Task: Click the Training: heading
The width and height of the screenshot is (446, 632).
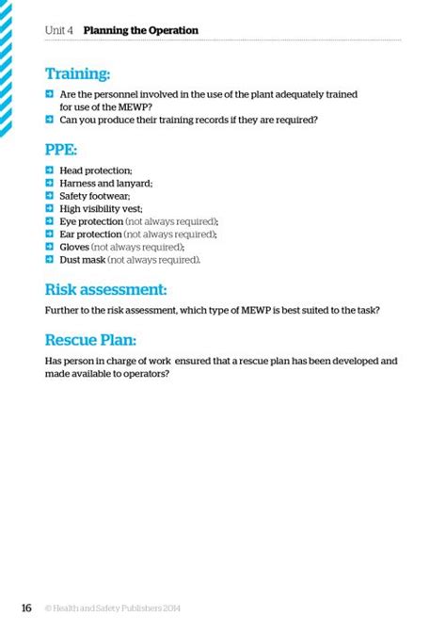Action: pos(78,73)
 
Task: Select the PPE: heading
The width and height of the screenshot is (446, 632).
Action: pos(61,150)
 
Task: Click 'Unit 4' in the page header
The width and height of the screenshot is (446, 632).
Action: pos(59,30)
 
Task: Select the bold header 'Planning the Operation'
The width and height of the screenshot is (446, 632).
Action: pos(141,30)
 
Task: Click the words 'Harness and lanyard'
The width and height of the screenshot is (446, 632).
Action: pos(105,183)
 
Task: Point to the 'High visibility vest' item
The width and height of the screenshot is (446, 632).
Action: pos(101,208)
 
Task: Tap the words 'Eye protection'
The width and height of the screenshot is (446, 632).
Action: pos(90,221)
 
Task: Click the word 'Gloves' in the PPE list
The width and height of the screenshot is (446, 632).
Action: pos(74,247)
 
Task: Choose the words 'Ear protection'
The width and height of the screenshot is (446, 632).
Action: pos(90,234)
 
